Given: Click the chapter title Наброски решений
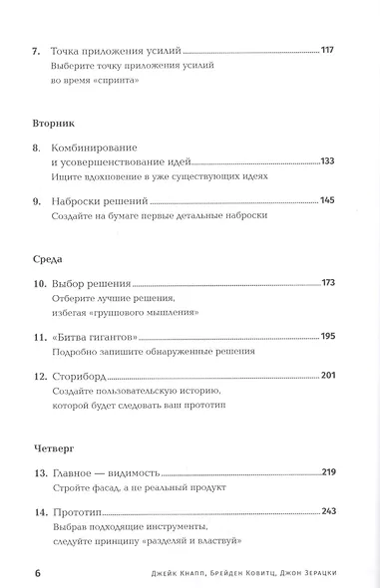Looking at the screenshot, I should coord(98,200).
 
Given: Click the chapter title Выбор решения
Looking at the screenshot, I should coord(91,284).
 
